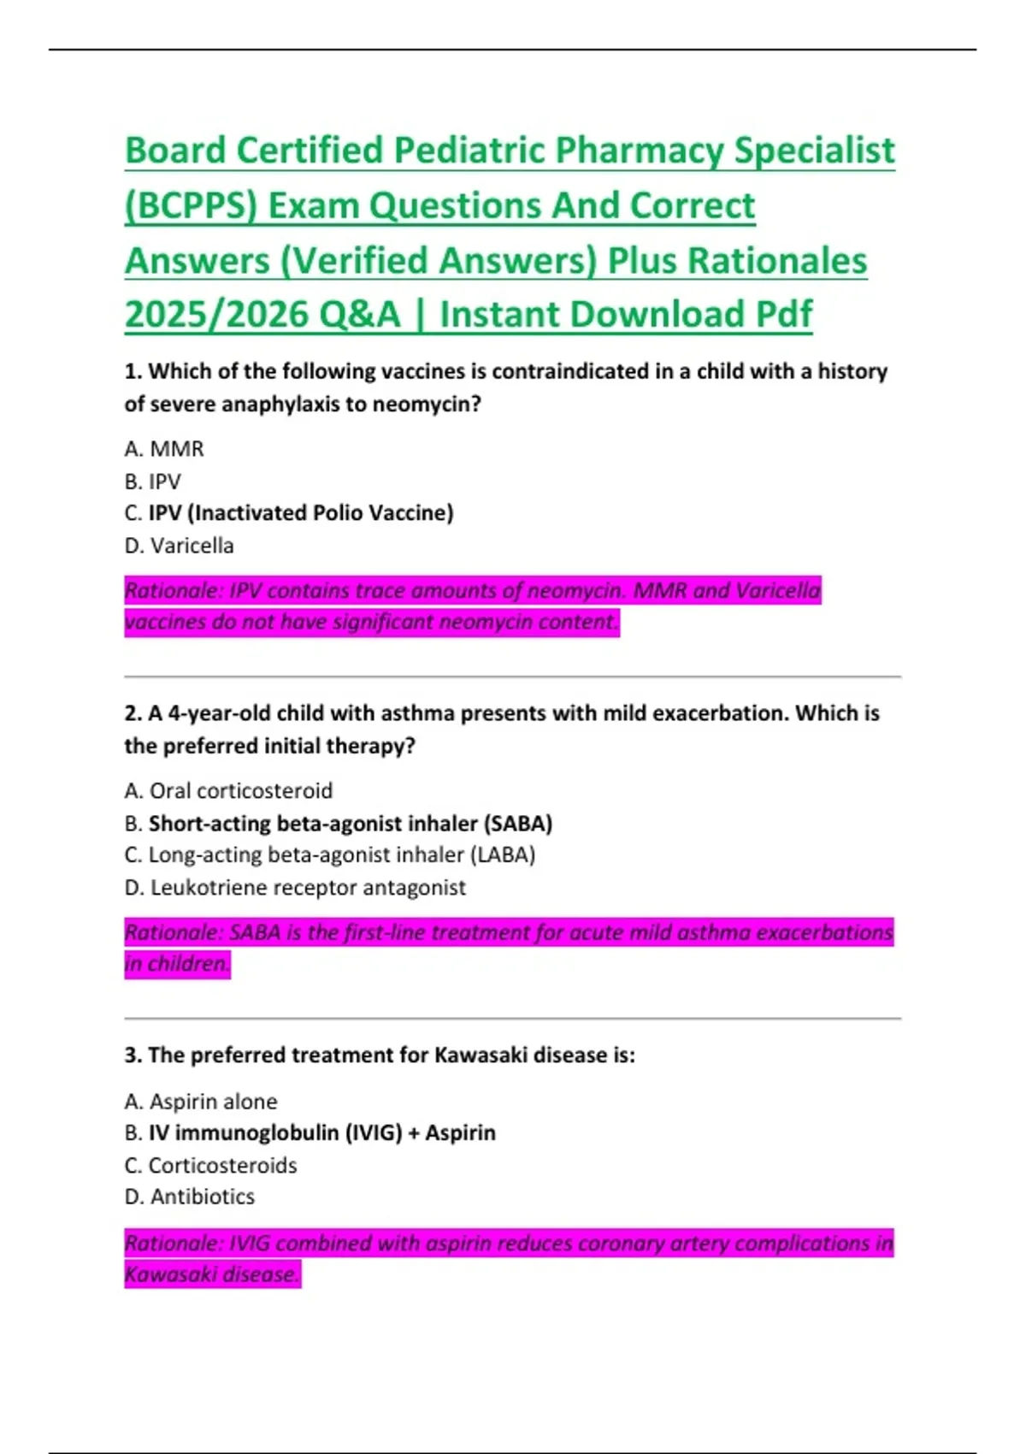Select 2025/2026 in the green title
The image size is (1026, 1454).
[220, 315]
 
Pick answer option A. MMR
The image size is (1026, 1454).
[164, 449]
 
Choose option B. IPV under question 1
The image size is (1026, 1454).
[153, 482]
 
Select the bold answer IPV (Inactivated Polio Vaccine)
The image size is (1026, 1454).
[301, 513]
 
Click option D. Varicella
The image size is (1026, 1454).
[179, 546]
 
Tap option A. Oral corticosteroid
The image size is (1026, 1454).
[228, 791]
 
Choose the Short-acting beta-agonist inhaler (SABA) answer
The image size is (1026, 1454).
[350, 824]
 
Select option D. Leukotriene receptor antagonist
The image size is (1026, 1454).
[295, 888]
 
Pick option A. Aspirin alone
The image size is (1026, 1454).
[201, 1102]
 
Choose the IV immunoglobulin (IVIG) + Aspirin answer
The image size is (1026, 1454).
[321, 1133]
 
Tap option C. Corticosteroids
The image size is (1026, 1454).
[211, 1166]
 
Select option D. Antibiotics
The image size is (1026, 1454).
[190, 1197]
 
